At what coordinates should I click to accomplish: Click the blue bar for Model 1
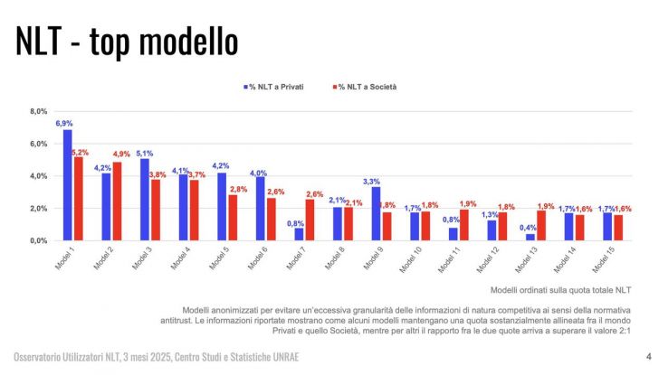pos(67,185)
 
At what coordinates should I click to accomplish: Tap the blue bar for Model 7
pos(299,234)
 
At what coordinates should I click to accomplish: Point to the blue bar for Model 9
pos(376,214)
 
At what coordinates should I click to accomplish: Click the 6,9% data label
pos(63,123)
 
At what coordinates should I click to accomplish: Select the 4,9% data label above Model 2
pos(121,155)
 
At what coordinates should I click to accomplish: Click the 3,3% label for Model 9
pos(371,181)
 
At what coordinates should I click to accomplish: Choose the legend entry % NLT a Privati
pos(276,87)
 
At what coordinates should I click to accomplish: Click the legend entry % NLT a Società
pos(367,87)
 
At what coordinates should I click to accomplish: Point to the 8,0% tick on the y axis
pos(38,112)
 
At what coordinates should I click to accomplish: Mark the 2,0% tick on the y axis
pos(38,209)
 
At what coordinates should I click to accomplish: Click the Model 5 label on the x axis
pos(219,258)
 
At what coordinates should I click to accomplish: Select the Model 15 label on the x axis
pos(602,258)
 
